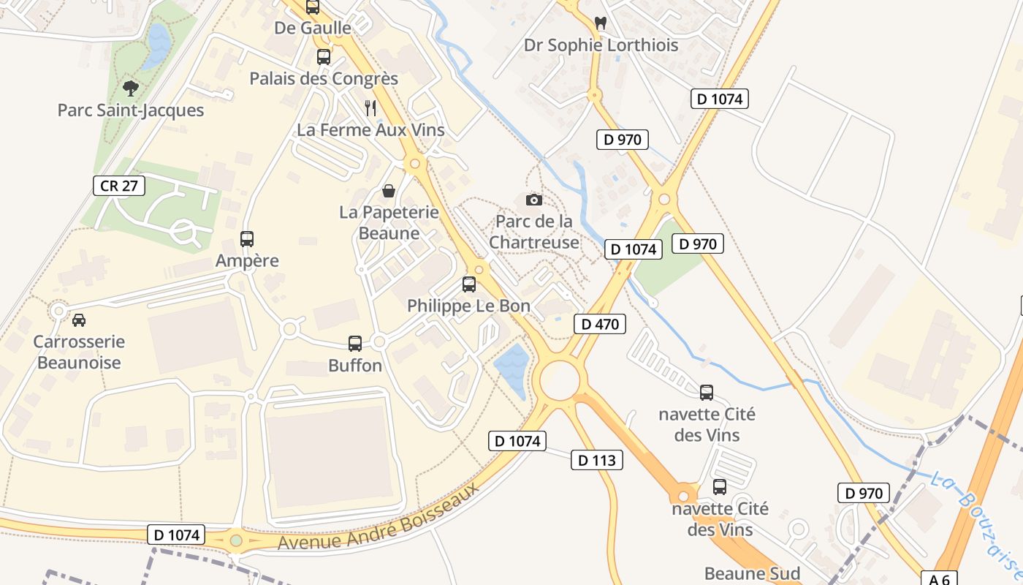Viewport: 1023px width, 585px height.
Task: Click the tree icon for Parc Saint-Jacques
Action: pyautogui.click(x=131, y=88)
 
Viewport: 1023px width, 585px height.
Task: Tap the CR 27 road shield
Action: pyautogui.click(x=119, y=186)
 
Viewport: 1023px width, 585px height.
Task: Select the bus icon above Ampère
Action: pyautogui.click(x=247, y=238)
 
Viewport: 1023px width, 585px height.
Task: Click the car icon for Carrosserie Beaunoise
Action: pyautogui.click(x=78, y=320)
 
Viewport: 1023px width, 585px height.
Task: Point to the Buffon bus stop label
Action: pyautogui.click(x=355, y=365)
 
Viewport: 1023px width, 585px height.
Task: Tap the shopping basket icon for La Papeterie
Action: pyautogui.click(x=389, y=191)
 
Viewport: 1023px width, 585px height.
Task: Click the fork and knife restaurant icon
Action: pyautogui.click(x=370, y=108)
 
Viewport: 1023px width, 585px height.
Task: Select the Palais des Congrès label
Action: pyautogui.click(x=324, y=78)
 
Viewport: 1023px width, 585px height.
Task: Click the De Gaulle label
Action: pyautogui.click(x=313, y=28)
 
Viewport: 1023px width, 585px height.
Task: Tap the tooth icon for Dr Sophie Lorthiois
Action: pyautogui.click(x=601, y=23)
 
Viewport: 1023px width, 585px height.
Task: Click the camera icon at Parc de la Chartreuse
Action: pyautogui.click(x=534, y=200)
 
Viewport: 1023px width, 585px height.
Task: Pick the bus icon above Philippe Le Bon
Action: pyautogui.click(x=469, y=284)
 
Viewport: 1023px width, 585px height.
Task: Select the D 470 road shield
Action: pyautogui.click(x=600, y=324)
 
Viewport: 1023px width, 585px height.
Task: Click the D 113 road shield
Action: pyautogui.click(x=597, y=460)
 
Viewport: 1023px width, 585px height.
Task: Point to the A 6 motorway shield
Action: pyautogui.click(x=939, y=579)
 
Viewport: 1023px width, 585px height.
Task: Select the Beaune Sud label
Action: pyautogui.click(x=752, y=573)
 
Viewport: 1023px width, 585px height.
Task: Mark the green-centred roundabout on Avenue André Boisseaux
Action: pyautogui.click(x=235, y=540)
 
